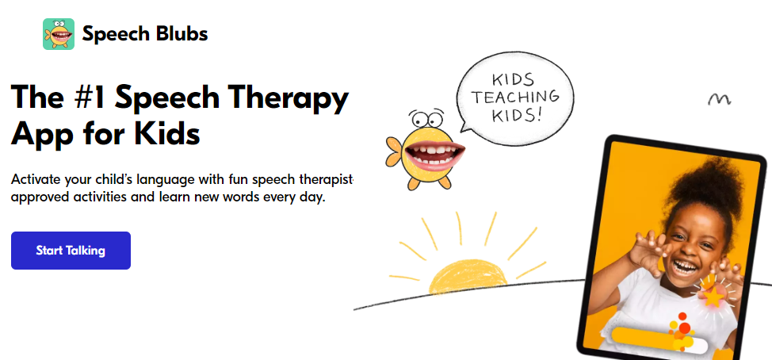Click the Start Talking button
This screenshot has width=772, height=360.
[x=71, y=251]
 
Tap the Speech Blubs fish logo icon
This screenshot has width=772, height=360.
[x=59, y=34]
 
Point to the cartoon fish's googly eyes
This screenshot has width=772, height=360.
[x=427, y=118]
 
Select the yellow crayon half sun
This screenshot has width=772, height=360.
[x=467, y=277]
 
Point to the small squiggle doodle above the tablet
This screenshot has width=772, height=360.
[x=720, y=99]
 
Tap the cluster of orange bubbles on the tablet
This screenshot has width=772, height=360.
[x=680, y=331]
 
